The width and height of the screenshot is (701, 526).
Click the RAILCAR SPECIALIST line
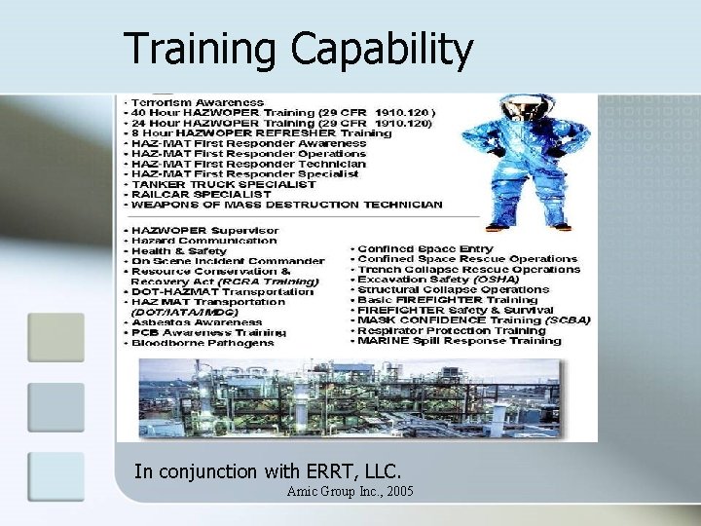coord(204,195)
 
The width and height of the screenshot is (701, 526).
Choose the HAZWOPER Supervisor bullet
coord(204,230)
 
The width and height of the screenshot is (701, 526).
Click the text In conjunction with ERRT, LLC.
coord(267,471)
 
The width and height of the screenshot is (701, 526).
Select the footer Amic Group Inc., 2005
coord(350,492)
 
